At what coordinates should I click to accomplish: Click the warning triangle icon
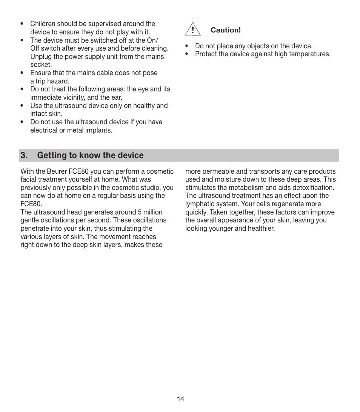tap(192, 30)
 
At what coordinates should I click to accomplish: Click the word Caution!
tap(225, 30)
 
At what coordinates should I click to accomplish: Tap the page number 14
tap(180, 399)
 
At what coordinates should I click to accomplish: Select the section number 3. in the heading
tap(25, 155)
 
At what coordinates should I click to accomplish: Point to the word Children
tap(43, 24)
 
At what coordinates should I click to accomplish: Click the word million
tap(151, 212)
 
